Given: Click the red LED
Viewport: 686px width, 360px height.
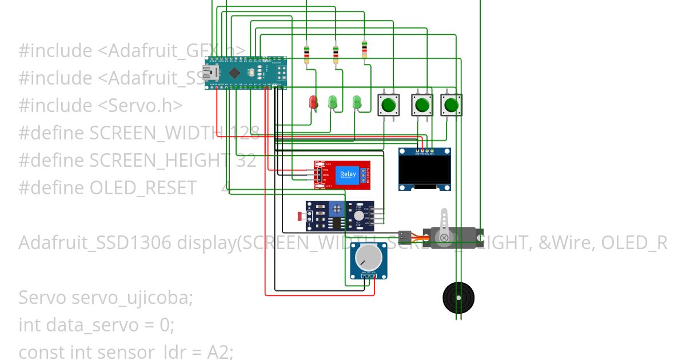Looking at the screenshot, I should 313,102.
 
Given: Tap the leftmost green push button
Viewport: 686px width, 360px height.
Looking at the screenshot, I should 389,105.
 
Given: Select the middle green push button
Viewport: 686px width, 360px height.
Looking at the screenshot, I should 422,105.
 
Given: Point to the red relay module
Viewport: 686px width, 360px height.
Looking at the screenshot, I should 342,175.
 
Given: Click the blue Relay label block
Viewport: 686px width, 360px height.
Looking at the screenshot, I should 348,175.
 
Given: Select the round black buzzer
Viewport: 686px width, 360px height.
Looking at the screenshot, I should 458,297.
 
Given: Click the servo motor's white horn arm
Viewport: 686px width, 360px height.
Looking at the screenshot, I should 445,219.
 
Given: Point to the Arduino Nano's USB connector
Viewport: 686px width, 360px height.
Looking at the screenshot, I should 210,73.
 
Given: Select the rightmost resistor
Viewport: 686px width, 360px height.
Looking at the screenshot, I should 364,50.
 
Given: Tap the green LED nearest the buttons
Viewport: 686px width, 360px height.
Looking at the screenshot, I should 357,102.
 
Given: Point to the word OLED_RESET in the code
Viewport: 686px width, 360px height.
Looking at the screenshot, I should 143,188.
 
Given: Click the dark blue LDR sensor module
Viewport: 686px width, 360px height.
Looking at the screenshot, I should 340,216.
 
